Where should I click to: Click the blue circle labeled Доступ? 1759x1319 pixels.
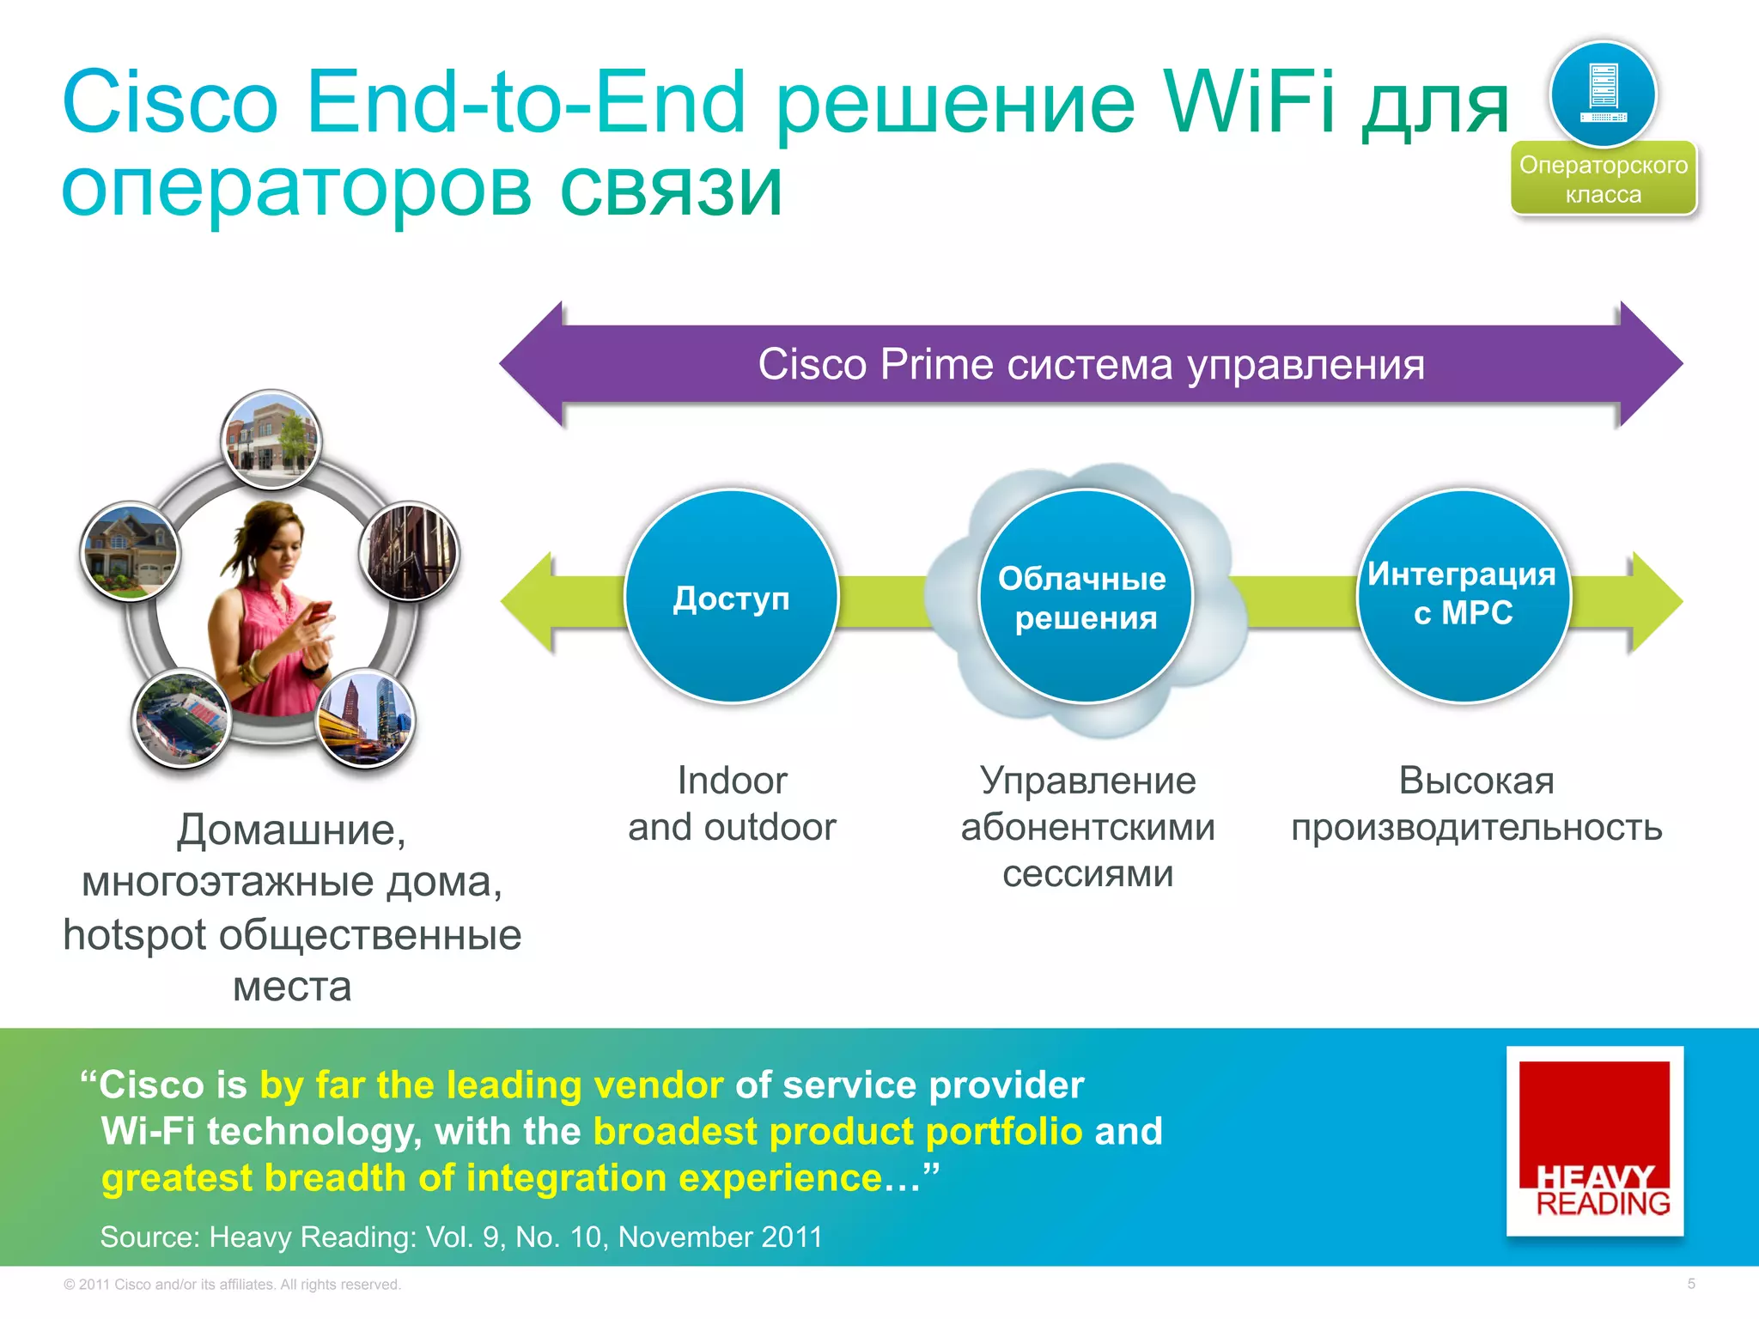click(731, 597)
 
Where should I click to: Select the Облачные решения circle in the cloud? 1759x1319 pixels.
click(1085, 597)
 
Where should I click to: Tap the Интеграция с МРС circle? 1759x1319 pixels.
click(1463, 594)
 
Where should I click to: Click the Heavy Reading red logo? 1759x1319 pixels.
click(1594, 1140)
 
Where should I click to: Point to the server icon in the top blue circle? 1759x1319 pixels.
click(1604, 92)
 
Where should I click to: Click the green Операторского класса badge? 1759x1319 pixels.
click(1604, 179)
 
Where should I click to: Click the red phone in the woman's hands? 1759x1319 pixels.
click(320, 611)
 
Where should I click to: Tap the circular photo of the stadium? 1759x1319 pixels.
click(182, 718)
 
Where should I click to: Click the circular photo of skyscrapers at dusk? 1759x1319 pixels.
click(367, 718)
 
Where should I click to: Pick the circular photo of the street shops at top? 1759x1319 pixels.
click(271, 439)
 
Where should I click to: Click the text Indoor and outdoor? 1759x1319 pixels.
click(732, 804)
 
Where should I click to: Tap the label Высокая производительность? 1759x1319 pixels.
click(1476, 804)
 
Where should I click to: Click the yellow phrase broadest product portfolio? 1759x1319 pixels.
click(837, 1132)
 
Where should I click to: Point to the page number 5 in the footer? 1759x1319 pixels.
click(1690, 1284)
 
